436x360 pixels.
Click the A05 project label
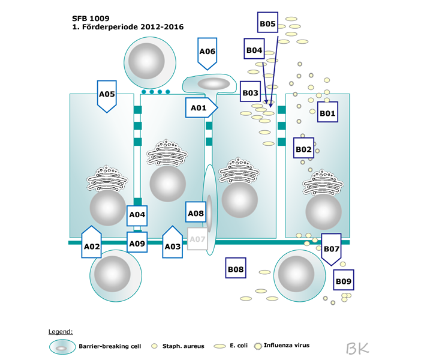pyautogui.click(x=107, y=94)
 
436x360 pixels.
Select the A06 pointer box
pyautogui.click(x=207, y=52)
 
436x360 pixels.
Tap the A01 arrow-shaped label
pyautogui.click(x=200, y=108)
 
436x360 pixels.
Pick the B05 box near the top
pyautogui.click(x=267, y=24)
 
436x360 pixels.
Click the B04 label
pyautogui.click(x=254, y=50)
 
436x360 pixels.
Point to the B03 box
pyautogui.click(x=250, y=93)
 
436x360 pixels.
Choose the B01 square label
pyautogui.click(x=327, y=112)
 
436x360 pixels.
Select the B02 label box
pyautogui.click(x=303, y=148)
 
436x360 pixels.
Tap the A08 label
pyautogui.click(x=196, y=213)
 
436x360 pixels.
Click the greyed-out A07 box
pyautogui.click(x=197, y=239)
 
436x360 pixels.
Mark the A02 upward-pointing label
pyautogui.click(x=92, y=244)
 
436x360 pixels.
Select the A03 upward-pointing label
pyautogui.click(x=173, y=244)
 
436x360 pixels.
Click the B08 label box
pyautogui.click(x=236, y=269)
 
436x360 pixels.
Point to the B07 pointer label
pyautogui.click(x=332, y=248)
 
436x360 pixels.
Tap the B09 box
pyautogui.click(x=344, y=280)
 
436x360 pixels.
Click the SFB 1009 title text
pyautogui.click(x=90, y=18)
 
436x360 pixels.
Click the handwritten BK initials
pyautogui.click(x=357, y=347)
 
